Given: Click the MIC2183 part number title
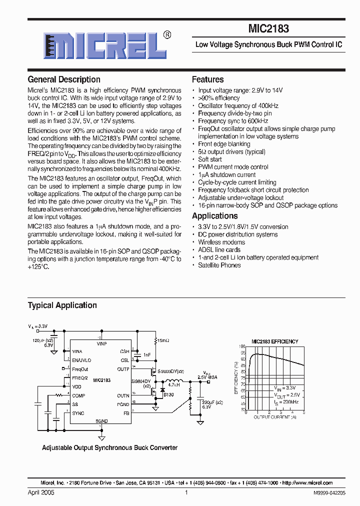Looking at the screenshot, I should (268, 29).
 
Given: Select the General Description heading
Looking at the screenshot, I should (64, 79).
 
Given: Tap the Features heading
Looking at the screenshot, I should (207, 79).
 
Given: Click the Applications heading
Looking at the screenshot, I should (214, 216).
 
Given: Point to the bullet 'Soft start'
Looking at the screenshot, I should (210, 159).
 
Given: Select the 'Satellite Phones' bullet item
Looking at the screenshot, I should (219, 265).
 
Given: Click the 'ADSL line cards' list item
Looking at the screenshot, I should (219, 250).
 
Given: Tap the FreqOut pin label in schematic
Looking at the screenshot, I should (80, 369).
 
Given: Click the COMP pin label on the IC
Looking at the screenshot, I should (78, 395).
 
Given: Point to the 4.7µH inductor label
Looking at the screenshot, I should (173, 385).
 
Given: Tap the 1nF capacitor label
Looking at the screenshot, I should (146, 354).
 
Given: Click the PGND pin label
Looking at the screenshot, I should (123, 404).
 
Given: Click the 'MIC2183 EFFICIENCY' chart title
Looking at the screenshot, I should (274, 341).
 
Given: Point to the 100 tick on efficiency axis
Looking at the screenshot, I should (242, 346).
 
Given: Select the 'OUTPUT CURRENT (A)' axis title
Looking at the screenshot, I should (274, 416).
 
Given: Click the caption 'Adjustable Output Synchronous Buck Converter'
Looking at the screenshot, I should (109, 447).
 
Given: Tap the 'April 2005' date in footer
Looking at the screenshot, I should (41, 492).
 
